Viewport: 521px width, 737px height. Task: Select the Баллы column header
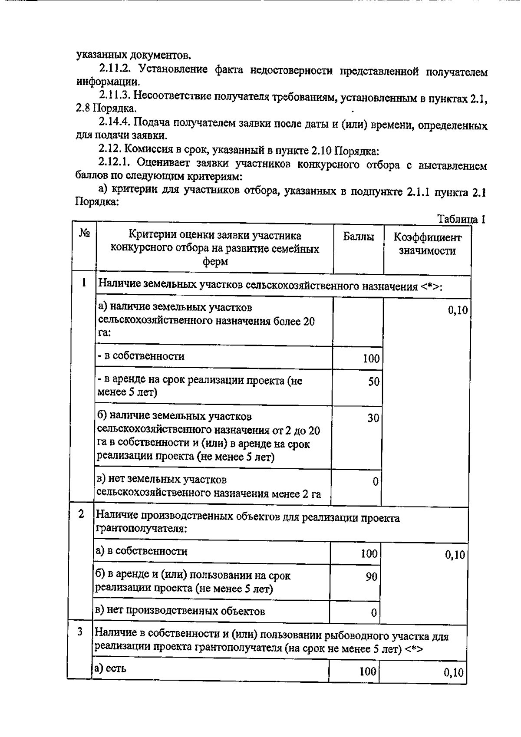coord(358,237)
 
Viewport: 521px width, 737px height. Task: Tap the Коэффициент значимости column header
coord(427,244)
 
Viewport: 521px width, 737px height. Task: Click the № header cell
coord(84,234)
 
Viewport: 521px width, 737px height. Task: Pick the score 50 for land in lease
coord(373,382)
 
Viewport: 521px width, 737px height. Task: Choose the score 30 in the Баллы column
coord(373,418)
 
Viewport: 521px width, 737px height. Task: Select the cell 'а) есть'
coord(110,668)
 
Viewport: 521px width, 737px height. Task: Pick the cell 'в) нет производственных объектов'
coord(180,611)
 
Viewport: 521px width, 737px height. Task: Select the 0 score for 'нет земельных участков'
coord(376,481)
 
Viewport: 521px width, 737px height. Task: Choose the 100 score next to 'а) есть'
coord(368,671)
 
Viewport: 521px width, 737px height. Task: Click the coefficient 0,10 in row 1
coord(458,310)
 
